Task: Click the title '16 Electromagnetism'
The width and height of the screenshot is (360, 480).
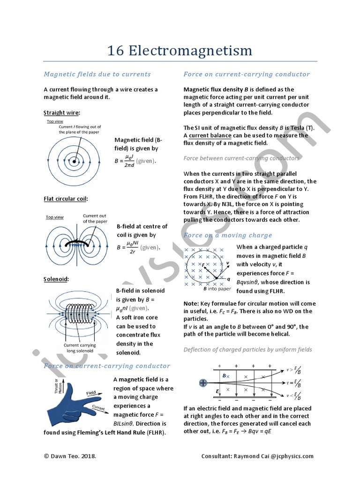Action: (x=180, y=50)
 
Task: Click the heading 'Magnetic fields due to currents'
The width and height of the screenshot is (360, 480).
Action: (x=97, y=74)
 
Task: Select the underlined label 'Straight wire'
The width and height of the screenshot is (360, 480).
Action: (x=62, y=113)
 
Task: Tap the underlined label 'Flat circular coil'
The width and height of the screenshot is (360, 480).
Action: (x=66, y=199)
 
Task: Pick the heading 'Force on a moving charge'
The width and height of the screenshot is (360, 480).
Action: (x=228, y=235)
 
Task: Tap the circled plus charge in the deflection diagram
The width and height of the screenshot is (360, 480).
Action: (x=203, y=383)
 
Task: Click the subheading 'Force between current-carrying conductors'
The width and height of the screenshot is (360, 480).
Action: (x=241, y=158)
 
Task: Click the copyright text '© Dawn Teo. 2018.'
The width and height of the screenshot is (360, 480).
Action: (x=70, y=456)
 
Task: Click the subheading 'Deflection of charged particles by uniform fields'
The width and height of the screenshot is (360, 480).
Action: (x=247, y=350)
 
